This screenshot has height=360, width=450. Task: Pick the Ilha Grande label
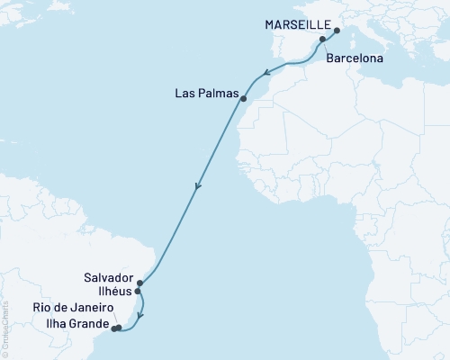tap(84, 325)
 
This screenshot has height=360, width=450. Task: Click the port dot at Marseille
tap(336, 31)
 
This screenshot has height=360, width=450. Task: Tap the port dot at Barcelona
tap(322, 40)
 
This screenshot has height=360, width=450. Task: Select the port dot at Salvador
tap(140, 283)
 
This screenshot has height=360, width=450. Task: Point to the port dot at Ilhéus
tap(137, 292)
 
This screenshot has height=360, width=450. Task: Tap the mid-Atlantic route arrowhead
tap(197, 188)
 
